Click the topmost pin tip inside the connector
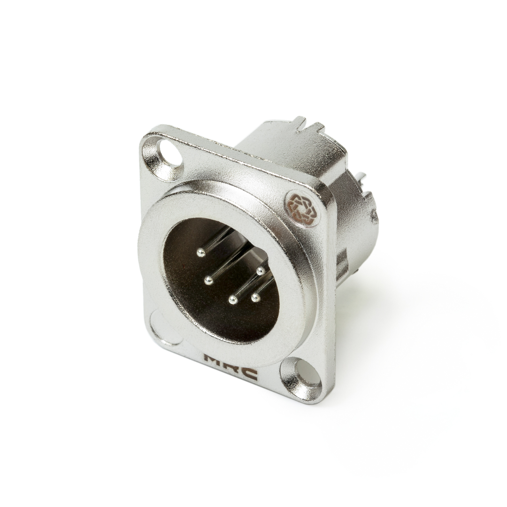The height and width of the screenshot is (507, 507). point(201,253)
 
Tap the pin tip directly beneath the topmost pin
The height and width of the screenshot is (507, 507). point(208,281)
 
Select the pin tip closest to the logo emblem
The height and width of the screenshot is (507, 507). point(261,271)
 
